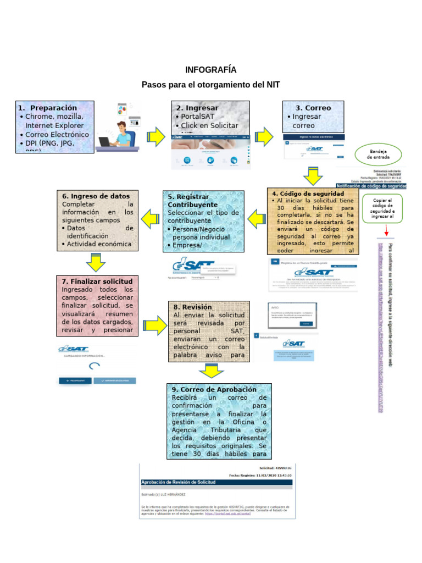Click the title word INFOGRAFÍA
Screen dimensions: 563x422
(x=211, y=70)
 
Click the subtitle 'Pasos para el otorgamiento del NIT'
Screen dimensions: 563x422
(x=211, y=85)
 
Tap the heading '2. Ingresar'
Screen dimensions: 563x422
(x=197, y=108)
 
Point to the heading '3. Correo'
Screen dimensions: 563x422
(x=313, y=108)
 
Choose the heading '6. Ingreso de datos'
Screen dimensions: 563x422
(x=97, y=196)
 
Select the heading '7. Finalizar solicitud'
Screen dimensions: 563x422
(x=97, y=281)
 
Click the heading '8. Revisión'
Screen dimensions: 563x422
(x=193, y=307)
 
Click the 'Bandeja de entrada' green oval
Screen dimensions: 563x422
(x=379, y=153)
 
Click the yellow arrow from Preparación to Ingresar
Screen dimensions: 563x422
(x=155, y=136)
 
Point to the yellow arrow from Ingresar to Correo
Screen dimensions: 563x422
(x=265, y=136)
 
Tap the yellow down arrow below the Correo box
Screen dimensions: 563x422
(x=313, y=177)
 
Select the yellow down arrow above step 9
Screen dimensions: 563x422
(x=211, y=372)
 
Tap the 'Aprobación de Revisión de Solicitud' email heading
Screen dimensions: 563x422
(x=178, y=482)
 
